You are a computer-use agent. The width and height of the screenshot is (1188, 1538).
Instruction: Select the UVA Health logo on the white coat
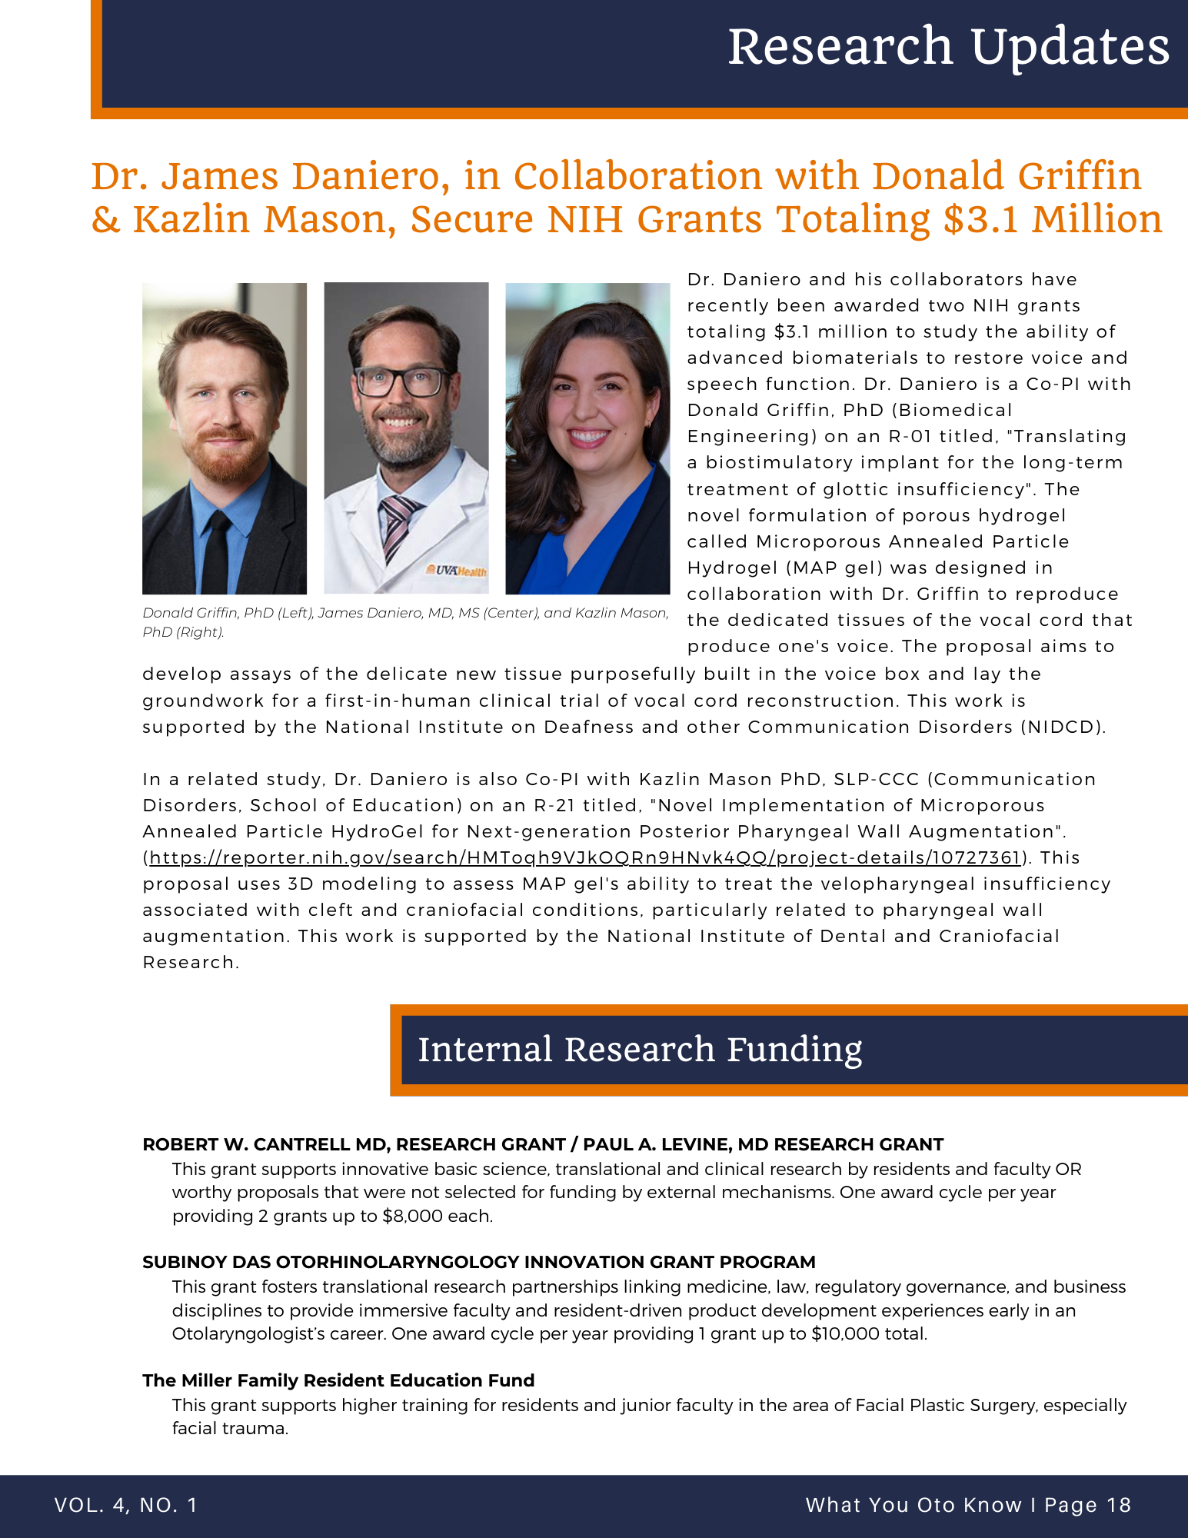pyautogui.click(x=457, y=571)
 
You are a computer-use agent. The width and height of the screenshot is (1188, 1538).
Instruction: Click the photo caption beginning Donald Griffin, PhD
pyautogui.click(x=405, y=622)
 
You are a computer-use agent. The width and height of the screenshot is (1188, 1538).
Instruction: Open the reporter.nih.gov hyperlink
pyautogui.click(x=584, y=857)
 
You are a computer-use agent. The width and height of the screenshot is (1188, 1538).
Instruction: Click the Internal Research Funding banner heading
pyautogui.click(x=640, y=1050)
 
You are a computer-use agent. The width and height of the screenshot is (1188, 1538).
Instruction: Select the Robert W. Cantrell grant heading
pyautogui.click(x=542, y=1144)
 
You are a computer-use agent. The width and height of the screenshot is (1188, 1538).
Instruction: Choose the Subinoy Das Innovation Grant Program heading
pyautogui.click(x=478, y=1262)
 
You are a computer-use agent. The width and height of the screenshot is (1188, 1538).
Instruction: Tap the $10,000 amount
pyautogui.click(x=845, y=1333)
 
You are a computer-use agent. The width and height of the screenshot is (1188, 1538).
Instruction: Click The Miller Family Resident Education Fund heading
pyautogui.click(x=338, y=1380)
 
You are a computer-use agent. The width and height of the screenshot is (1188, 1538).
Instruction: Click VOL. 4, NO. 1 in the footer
pyautogui.click(x=126, y=1505)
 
